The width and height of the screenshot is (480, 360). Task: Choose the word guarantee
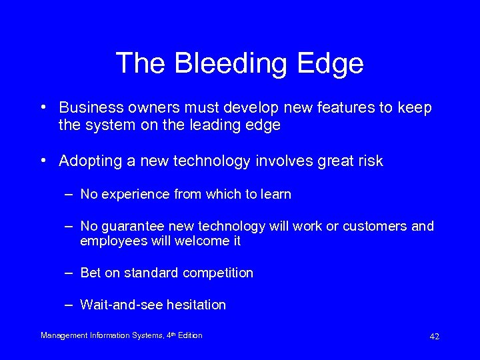pos(131,227)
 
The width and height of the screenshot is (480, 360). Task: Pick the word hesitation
pos(196,305)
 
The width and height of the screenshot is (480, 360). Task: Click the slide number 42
pos(434,337)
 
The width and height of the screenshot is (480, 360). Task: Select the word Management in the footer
pos(63,335)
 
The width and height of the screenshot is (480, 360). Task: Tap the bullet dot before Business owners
pos(43,107)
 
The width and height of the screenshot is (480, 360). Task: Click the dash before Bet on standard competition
pos(69,273)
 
